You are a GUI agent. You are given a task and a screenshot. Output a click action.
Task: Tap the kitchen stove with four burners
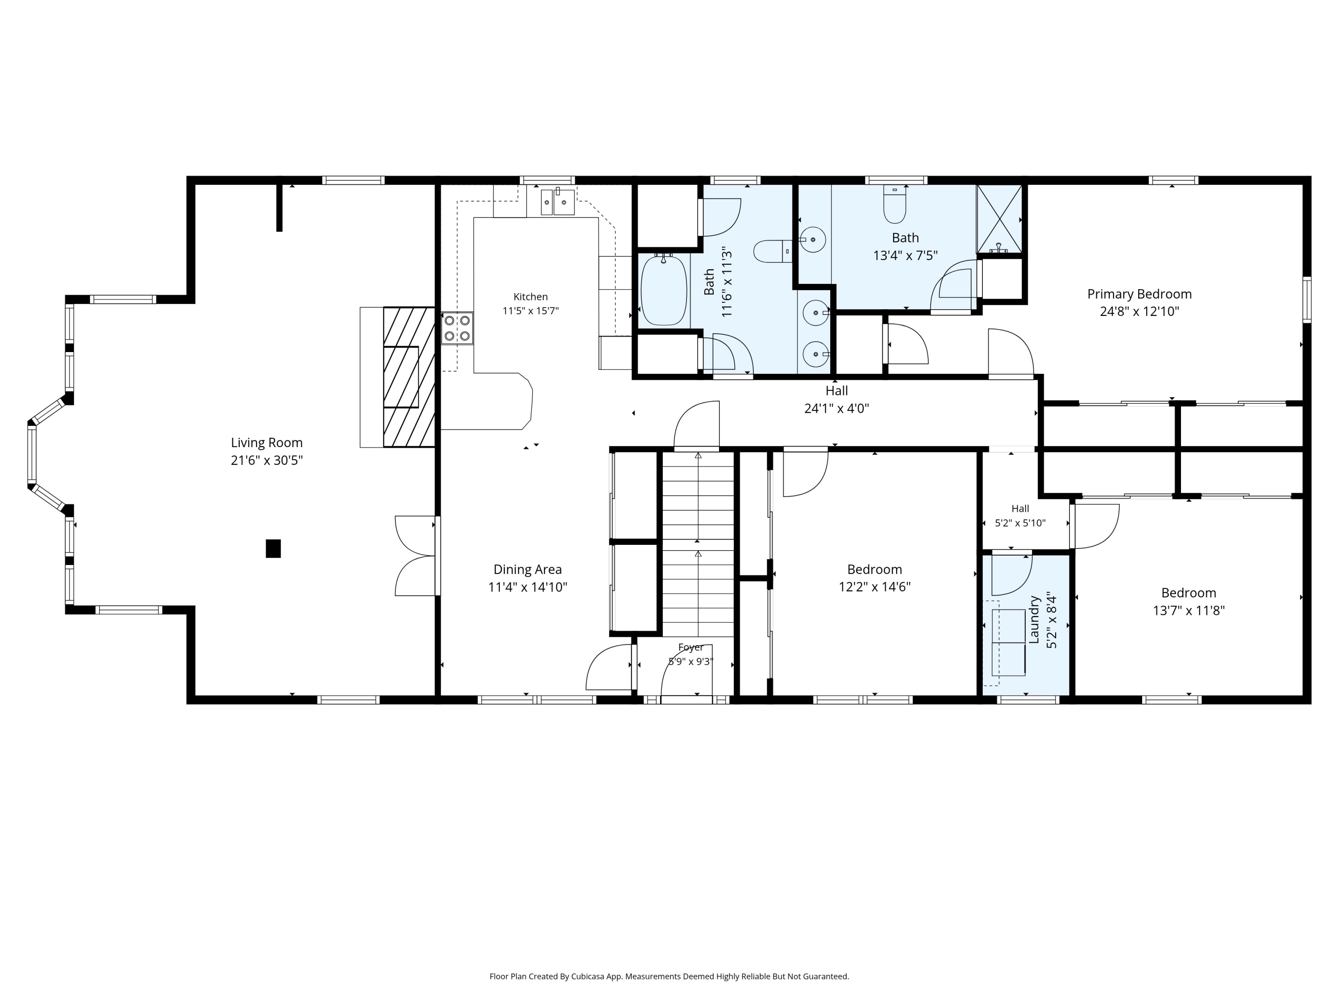tap(457, 328)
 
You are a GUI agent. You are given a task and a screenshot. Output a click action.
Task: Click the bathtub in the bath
tap(664, 290)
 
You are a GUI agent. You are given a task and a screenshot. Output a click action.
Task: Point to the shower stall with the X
tap(999, 219)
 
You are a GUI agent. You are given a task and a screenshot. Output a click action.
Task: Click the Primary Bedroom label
tap(1139, 294)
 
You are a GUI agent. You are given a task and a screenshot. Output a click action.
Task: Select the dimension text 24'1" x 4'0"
tap(836, 408)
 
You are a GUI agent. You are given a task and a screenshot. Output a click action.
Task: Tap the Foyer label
tap(690, 647)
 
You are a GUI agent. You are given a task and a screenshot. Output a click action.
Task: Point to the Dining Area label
tap(527, 569)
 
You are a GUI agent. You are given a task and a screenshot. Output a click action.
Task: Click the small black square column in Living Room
tap(273, 548)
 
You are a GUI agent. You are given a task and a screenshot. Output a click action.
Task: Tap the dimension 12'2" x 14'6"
tap(875, 587)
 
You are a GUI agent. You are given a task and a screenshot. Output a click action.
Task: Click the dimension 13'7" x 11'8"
tap(1189, 610)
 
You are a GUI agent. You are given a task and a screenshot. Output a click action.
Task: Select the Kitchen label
tap(530, 297)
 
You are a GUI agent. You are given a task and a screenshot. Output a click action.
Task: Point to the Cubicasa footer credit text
tap(669, 942)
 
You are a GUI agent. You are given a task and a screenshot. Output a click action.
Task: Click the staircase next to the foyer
tap(698, 544)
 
